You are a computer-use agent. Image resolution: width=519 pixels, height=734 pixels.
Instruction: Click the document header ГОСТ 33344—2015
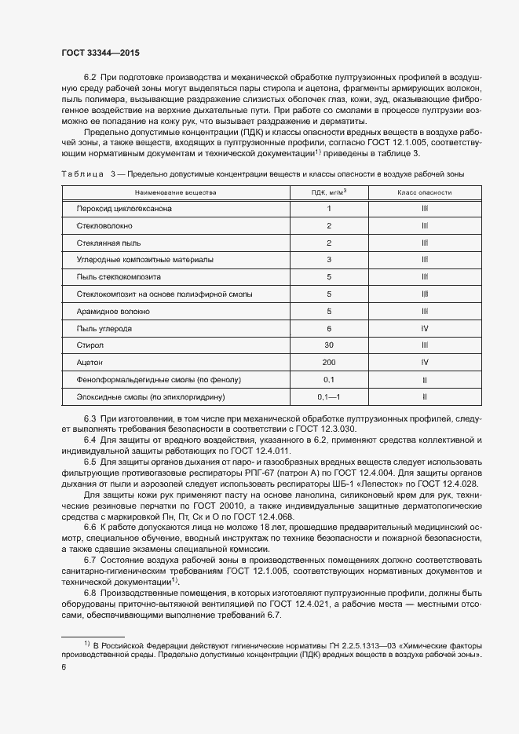(x=101, y=53)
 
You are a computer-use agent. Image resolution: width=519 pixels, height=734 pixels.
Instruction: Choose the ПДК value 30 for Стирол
(x=329, y=345)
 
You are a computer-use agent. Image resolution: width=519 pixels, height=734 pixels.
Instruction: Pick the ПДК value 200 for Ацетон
(x=329, y=363)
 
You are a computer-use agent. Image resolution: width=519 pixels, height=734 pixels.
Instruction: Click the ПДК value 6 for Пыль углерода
(x=329, y=328)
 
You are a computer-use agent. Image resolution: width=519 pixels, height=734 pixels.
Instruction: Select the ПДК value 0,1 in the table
(x=329, y=380)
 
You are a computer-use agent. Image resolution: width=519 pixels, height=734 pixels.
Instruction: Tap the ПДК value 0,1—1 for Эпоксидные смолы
(x=329, y=397)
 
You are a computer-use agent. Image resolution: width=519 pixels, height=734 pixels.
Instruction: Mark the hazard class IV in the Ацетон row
(x=424, y=363)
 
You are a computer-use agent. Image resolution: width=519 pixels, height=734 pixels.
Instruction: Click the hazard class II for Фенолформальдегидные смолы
(x=424, y=380)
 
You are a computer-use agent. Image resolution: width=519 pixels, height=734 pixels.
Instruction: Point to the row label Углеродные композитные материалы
(x=144, y=260)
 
